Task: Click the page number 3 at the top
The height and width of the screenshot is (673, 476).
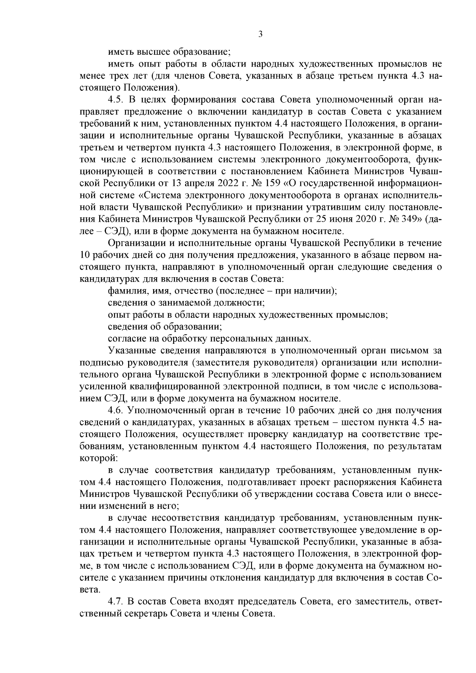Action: point(260,35)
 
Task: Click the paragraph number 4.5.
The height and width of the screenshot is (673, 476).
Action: point(115,99)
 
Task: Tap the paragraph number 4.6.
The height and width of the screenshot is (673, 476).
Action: point(115,410)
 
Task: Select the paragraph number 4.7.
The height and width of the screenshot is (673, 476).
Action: point(115,602)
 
